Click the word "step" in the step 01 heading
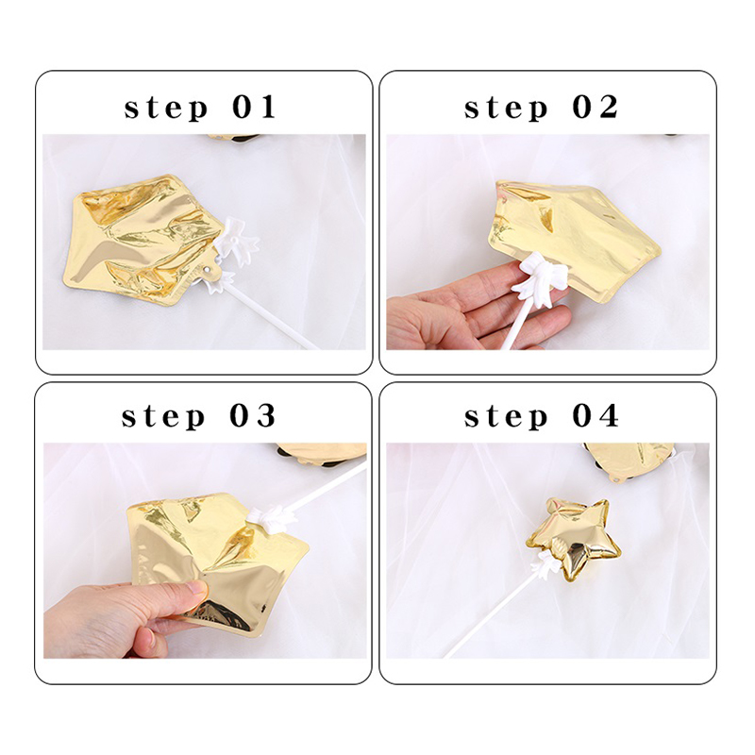[166, 109]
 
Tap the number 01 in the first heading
[254, 107]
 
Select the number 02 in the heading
[596, 107]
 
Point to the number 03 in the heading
[253, 415]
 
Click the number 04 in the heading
[596, 415]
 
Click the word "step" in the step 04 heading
[506, 417]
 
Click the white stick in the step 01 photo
[270, 313]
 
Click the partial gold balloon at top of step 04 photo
[629, 461]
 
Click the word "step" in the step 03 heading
[163, 417]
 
